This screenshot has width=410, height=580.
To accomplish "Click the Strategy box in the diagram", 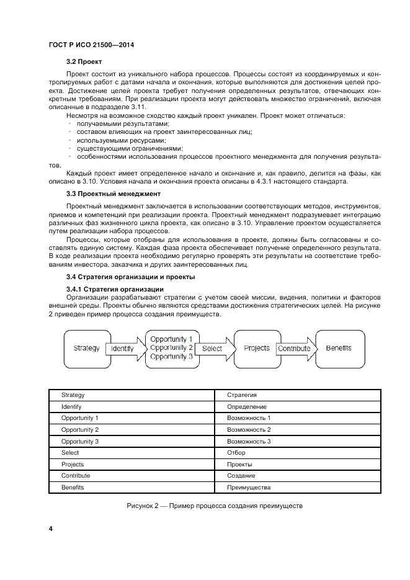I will pyautogui.click(x=86, y=349).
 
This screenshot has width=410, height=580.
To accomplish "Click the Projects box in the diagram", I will pyautogui.click(x=256, y=349).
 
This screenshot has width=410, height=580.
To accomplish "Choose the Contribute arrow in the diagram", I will pyautogui.click(x=294, y=349).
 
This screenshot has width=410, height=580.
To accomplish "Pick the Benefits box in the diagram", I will pyautogui.click(x=339, y=349).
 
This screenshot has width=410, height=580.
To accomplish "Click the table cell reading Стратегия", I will pyautogui.click(x=242, y=395).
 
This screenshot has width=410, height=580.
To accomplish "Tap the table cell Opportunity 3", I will pyautogui.click(x=80, y=442).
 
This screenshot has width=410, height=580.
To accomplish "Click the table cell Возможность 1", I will pyautogui.click(x=249, y=419).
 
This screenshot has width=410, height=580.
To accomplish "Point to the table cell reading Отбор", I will pyautogui.click(x=236, y=453).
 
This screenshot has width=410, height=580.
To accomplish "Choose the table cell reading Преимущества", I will pyautogui.click(x=249, y=488).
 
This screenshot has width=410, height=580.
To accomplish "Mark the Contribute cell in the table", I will pyautogui.click(x=76, y=476).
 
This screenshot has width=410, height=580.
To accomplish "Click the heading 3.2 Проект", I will pyautogui.click(x=84, y=62).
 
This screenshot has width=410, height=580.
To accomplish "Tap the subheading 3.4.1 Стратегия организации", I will pyautogui.click(x=115, y=289).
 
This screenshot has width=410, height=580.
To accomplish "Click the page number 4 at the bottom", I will pyautogui.click(x=50, y=529).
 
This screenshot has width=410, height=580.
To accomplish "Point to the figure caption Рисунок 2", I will pyautogui.click(x=214, y=506).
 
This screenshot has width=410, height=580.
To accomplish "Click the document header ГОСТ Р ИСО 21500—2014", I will pyautogui.click(x=91, y=45).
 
